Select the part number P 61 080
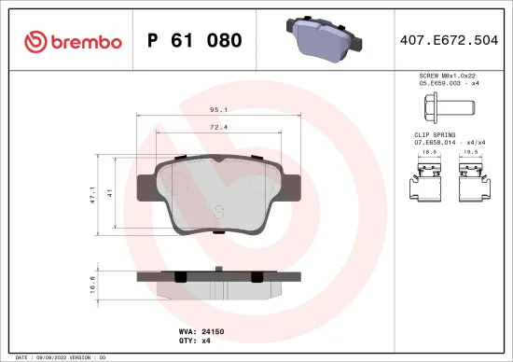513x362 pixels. (195, 41)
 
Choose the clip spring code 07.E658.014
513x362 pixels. (437, 142)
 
